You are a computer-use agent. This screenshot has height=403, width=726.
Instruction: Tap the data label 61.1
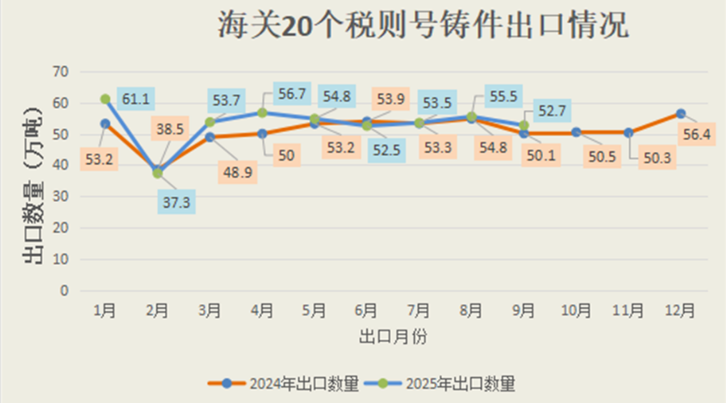[x=137, y=99]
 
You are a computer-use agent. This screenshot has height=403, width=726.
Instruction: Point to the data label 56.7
[x=290, y=92]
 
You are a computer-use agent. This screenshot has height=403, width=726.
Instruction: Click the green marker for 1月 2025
[x=105, y=100]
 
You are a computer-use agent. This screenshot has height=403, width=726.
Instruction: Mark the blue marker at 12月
[x=680, y=113]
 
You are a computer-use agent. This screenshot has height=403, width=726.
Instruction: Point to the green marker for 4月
[x=262, y=113]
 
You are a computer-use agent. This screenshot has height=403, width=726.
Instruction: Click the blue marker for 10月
[x=576, y=132]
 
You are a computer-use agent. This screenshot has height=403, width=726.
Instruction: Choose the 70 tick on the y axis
[x=60, y=71]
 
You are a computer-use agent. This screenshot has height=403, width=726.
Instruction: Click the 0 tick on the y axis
[x=64, y=290]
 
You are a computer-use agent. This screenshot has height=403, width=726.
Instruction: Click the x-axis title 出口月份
[x=393, y=336]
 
